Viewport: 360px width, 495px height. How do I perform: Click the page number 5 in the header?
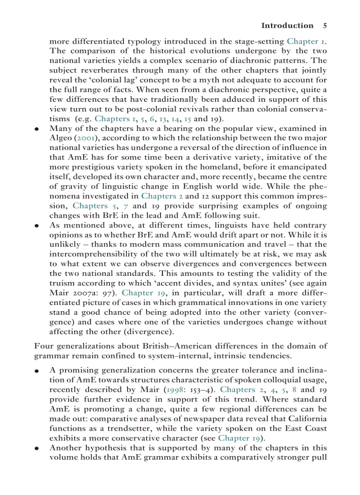[325, 26]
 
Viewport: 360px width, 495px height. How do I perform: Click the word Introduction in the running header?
[287, 26]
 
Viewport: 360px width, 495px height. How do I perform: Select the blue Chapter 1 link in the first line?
[306, 41]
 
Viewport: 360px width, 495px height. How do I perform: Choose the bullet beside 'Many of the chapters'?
[37, 129]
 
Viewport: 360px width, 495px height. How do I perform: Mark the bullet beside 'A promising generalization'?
[37, 371]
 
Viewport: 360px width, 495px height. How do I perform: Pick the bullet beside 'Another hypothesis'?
[37, 448]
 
